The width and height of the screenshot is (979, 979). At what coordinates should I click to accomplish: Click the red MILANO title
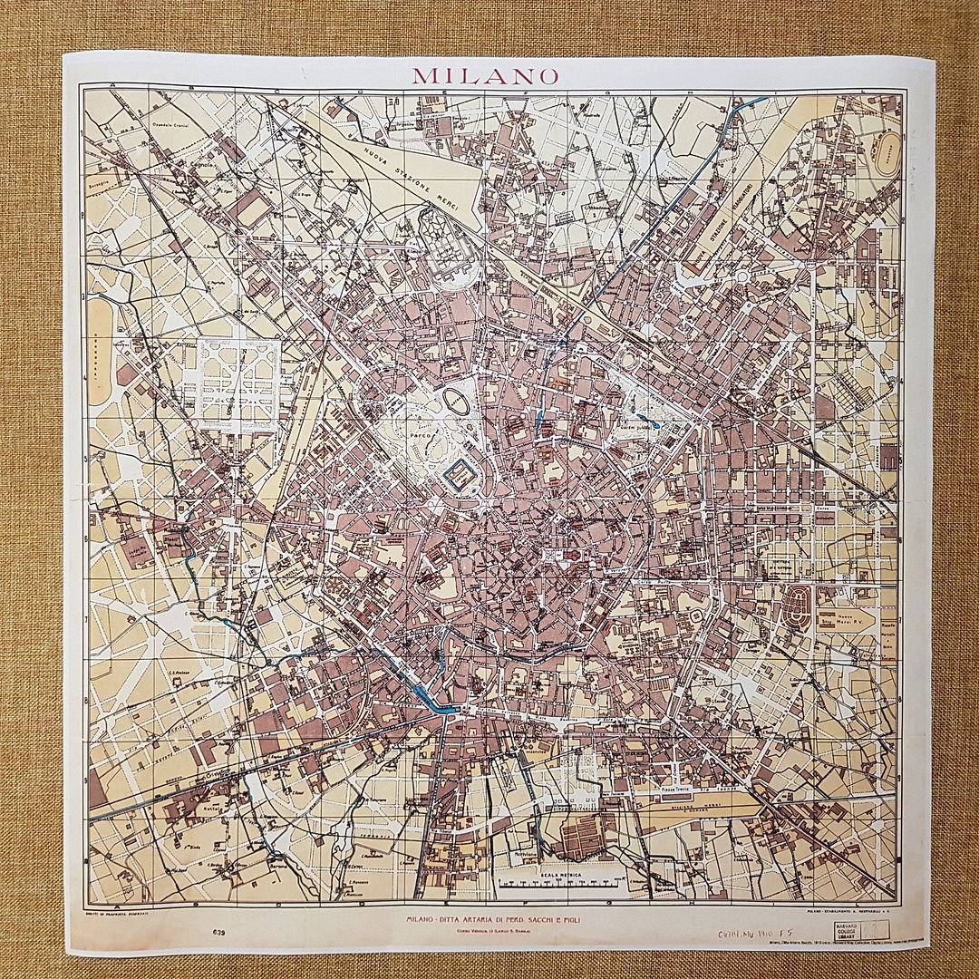[x=486, y=75]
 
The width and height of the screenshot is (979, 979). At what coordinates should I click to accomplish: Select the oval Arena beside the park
[x=457, y=402]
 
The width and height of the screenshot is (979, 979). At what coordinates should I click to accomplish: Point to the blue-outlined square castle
[x=461, y=472]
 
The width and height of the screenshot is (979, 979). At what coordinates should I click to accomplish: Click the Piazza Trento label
[x=674, y=791]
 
